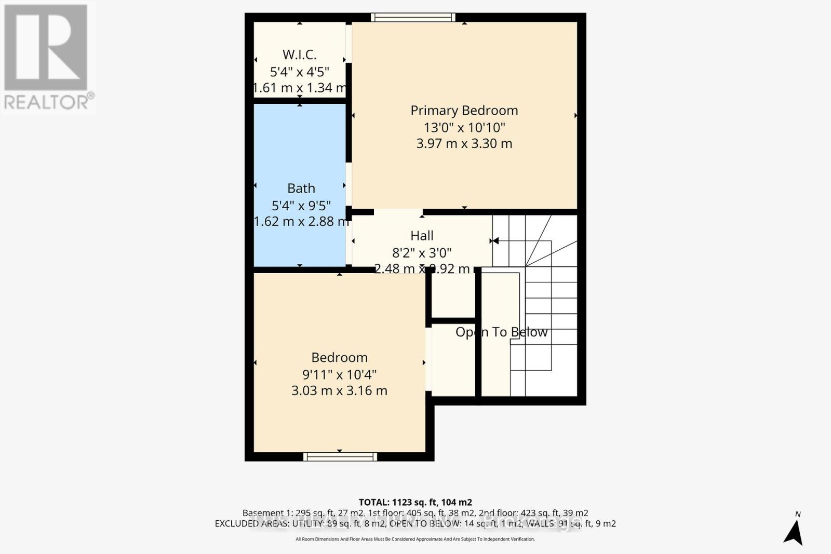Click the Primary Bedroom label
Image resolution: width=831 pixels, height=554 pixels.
464,110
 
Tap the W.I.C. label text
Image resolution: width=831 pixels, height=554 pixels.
299,55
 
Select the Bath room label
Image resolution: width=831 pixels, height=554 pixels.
301,188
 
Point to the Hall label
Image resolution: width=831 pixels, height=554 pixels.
422,236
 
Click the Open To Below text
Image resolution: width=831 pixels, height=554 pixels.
501,332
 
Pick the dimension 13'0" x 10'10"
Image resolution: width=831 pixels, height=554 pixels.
464,127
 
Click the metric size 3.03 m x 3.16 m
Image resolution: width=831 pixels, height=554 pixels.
339,390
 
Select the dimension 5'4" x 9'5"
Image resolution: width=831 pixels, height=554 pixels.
301,205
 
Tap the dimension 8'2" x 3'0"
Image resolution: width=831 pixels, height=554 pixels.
422,253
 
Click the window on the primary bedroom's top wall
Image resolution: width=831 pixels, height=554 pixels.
413,18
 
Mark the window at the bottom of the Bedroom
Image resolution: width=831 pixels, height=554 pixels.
340,456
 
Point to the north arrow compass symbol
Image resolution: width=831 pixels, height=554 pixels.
793,531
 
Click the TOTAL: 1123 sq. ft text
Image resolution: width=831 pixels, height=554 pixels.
415,502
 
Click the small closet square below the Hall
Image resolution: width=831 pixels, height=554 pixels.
453,294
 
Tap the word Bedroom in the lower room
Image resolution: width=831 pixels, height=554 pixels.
339,357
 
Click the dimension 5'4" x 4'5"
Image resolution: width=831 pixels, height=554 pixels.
300,72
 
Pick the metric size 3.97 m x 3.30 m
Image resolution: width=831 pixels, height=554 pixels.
464,143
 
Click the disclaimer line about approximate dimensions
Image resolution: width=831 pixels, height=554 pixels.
415,539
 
